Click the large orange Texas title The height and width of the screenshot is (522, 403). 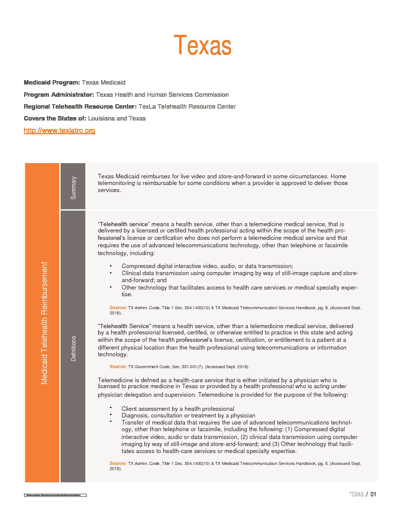point(203,45)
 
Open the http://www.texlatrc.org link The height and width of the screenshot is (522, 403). point(59,130)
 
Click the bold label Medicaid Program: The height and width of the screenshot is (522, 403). point(51,82)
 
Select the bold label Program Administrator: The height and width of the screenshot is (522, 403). point(59,95)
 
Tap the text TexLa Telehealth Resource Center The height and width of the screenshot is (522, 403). point(187,106)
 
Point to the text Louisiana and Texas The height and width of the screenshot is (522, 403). point(117,118)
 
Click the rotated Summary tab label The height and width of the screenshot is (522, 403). point(73,188)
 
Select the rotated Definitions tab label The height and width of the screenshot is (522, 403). point(73,348)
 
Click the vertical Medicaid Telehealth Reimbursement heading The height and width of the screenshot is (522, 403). point(44,323)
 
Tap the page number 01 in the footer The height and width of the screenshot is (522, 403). point(373,494)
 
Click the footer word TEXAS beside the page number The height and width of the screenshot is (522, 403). point(356,494)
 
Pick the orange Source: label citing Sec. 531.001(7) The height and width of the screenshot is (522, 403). point(118,367)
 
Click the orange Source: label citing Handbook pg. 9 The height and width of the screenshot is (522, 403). point(118,308)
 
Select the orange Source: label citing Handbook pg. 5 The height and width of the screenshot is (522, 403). point(118,463)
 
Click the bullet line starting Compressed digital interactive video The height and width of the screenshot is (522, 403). point(207,266)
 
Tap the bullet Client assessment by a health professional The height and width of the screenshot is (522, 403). point(178,409)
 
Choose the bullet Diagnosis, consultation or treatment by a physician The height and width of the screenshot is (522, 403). point(188,416)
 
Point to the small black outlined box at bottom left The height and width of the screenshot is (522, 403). point(55,495)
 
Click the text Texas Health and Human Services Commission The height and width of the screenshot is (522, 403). point(162,95)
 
